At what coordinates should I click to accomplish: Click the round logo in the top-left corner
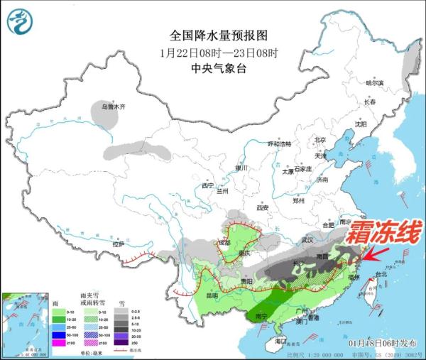22,22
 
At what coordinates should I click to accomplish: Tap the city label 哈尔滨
374,84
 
